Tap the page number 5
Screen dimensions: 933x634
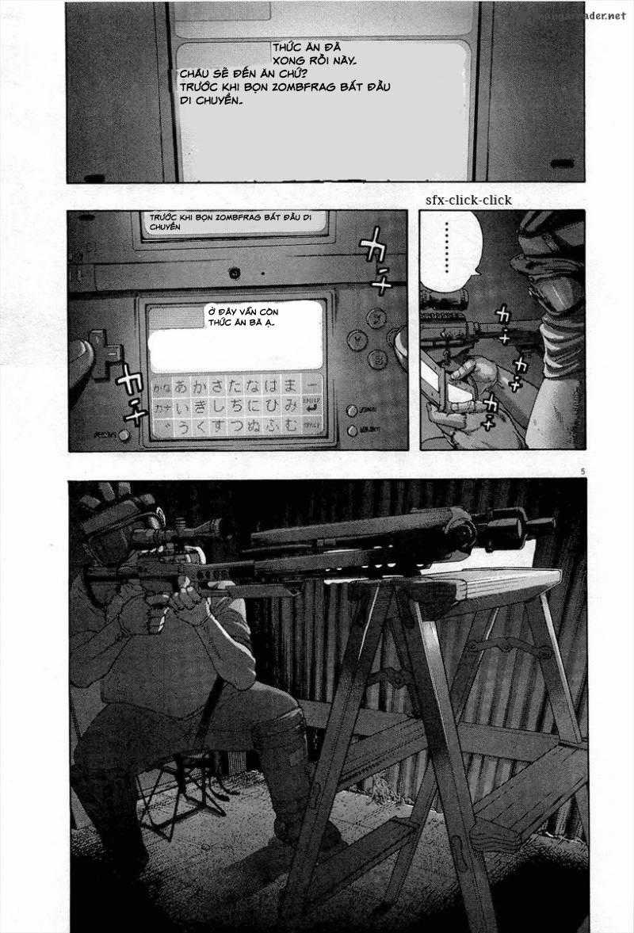tap(582, 472)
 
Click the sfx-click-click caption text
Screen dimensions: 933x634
tap(468, 200)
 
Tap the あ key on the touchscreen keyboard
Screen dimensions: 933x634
tap(181, 388)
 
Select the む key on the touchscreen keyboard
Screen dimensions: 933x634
tap(292, 426)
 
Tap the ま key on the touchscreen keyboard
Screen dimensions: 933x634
tap(292, 387)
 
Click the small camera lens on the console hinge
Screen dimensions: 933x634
tap(235, 273)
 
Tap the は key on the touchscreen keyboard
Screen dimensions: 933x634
tap(272, 387)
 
